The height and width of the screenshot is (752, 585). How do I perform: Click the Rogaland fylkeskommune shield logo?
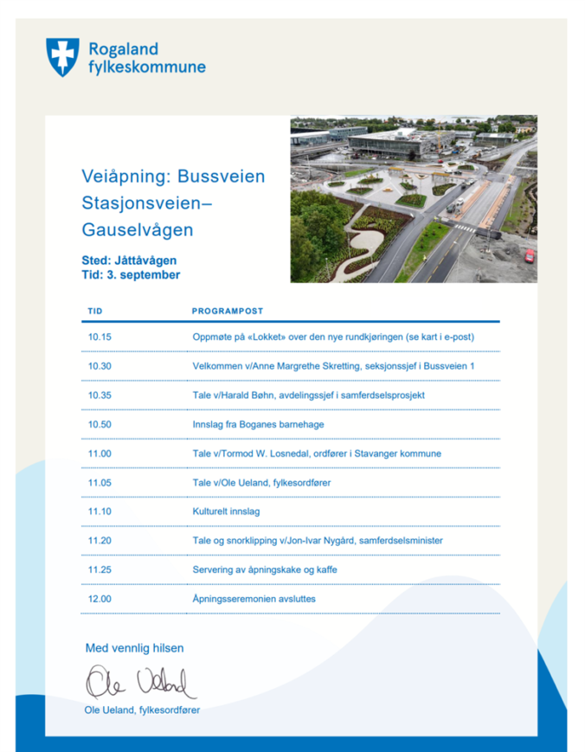coord(62,56)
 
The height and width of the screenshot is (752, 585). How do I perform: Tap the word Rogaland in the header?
coord(123,48)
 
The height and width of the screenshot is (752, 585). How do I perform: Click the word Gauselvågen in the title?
coord(138,230)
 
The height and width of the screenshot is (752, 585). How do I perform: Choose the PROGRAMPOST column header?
coord(228,311)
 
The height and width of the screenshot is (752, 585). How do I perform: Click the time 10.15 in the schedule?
coord(100,337)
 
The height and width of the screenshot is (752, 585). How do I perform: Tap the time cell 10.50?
coord(100,424)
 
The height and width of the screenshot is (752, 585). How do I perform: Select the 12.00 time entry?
coord(100,599)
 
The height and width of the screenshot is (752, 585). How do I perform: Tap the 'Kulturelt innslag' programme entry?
coord(226,511)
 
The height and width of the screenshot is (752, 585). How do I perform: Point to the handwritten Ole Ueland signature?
coord(138,682)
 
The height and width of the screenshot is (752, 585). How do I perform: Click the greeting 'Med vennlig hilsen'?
coord(134,648)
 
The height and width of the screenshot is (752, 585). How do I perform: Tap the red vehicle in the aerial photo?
coord(529,255)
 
